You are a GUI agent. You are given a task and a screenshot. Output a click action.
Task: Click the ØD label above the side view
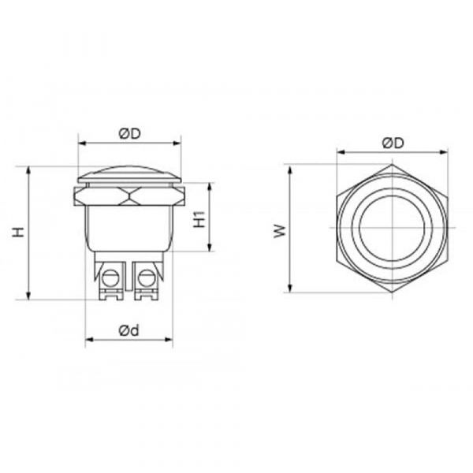(130, 134)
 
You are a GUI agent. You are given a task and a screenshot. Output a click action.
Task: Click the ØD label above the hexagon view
(393, 143)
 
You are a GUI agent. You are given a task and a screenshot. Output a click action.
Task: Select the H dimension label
(18, 232)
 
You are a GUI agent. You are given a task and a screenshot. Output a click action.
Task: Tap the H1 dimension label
(199, 219)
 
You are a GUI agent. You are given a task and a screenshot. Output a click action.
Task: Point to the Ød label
(129, 330)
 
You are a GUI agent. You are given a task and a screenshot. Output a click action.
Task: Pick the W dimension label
(280, 231)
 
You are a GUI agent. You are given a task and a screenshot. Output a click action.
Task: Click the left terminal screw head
(110, 277)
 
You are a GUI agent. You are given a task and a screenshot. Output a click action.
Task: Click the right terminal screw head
(147, 277)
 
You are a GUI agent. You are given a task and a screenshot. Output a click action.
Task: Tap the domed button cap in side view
(129, 175)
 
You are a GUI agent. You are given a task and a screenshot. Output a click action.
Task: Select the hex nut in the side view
(129, 196)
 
